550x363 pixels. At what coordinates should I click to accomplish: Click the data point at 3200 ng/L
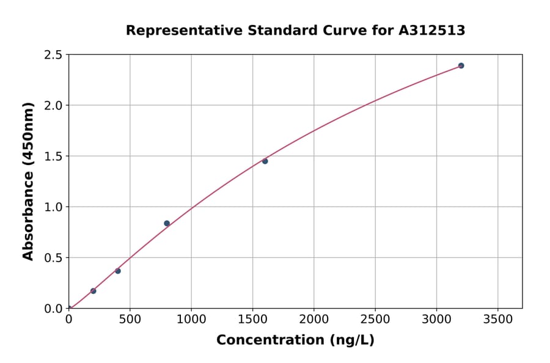(461, 65)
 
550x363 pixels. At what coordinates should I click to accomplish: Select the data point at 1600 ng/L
(265, 161)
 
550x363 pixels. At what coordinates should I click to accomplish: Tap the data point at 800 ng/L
(167, 223)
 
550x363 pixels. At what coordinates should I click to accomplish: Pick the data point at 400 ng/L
(118, 271)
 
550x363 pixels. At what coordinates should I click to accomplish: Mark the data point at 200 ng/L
(93, 291)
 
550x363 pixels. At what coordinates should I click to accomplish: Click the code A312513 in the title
(432, 31)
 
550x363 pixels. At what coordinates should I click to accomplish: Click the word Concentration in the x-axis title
(269, 340)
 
